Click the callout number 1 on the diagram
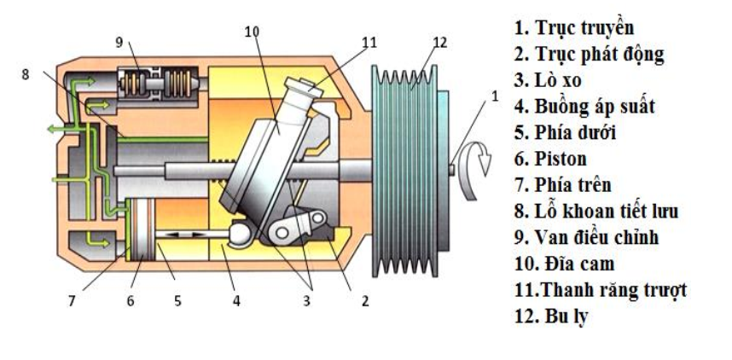493,97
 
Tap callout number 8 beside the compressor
26,74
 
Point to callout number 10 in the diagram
250,32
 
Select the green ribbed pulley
409,167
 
